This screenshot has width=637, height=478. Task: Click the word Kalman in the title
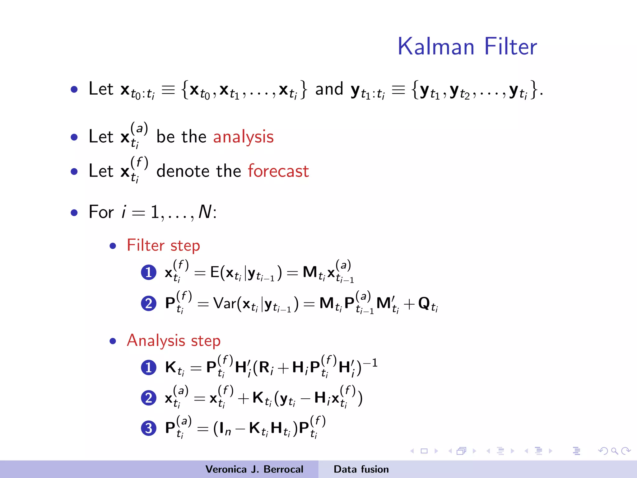[x=436, y=47]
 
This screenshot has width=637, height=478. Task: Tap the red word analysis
[x=243, y=137]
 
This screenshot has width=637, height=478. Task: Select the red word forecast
[x=278, y=171]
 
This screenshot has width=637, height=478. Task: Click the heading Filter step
[x=163, y=246]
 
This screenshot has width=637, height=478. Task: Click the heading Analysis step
[x=174, y=340]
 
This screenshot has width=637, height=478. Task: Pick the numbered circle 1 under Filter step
[x=149, y=273]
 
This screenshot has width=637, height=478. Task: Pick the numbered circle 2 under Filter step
[x=149, y=303]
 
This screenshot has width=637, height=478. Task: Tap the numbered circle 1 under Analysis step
[x=149, y=368]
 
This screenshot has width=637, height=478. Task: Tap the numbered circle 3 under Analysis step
[x=149, y=428]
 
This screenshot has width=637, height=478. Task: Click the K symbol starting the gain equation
[x=171, y=367]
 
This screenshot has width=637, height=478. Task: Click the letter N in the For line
[x=205, y=212]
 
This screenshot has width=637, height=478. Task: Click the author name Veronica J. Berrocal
[x=254, y=469]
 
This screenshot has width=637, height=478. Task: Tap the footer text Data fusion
[x=361, y=469]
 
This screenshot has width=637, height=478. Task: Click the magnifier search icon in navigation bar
[x=614, y=451]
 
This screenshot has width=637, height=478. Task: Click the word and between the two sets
[x=329, y=89]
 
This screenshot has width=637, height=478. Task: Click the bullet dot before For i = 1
[x=74, y=213]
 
